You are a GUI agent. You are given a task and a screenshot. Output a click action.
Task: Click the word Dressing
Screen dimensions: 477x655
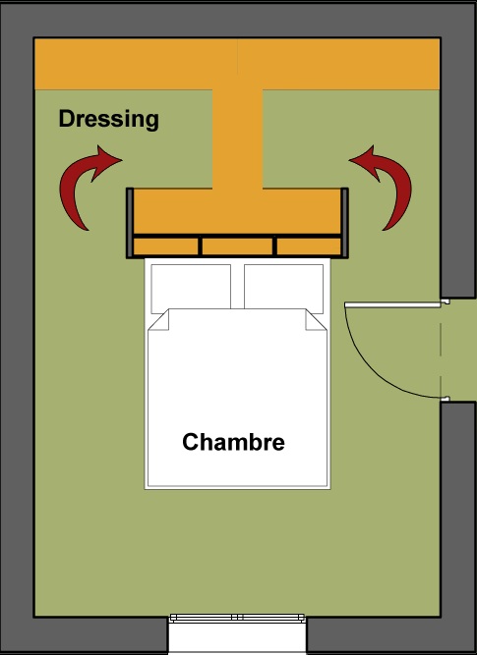pos(109,120)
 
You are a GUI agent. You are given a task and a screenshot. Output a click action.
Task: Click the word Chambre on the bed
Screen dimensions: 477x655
pos(233,442)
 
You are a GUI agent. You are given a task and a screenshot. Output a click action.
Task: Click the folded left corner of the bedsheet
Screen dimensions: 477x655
pos(159,321)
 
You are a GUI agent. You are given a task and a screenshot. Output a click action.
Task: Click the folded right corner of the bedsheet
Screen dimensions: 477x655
pos(316,321)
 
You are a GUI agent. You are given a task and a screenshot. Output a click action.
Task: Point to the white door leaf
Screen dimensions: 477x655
pos(392,305)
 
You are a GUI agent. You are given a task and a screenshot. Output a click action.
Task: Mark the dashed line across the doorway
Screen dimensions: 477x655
pos(441,350)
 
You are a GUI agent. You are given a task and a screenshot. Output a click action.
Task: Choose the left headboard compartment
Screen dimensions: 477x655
pos(165,246)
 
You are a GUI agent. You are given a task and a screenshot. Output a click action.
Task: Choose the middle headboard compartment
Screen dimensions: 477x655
pos(237,246)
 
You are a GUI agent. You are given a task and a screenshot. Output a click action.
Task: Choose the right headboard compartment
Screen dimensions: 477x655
pos(309,246)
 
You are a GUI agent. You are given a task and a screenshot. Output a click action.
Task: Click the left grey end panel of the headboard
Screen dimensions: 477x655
pos(130,223)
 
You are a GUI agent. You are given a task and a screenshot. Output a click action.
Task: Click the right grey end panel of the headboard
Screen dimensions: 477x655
pos(344,223)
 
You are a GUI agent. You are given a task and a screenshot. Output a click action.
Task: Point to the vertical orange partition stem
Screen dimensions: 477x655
pos(238,138)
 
